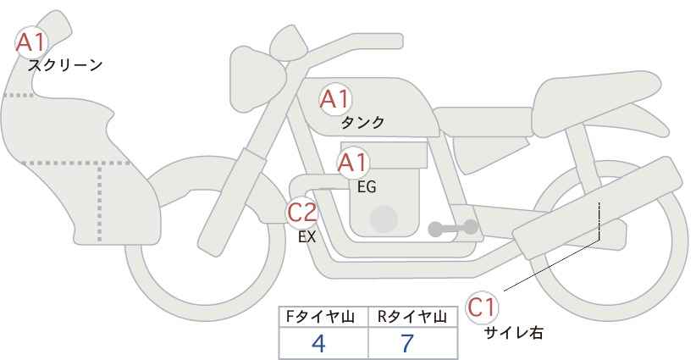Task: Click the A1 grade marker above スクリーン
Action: click(31, 42)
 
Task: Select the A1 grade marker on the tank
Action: click(335, 99)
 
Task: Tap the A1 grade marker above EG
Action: click(353, 163)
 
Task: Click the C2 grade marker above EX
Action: click(302, 212)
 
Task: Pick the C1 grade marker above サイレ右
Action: click(482, 307)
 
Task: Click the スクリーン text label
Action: click(65, 65)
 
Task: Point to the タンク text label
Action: click(362, 122)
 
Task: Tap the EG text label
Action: click(367, 187)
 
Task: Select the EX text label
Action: click(307, 237)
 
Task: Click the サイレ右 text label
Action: click(514, 333)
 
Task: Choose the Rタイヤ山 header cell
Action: click(413, 317)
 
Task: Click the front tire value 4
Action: click(318, 343)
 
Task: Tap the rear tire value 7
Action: click(407, 343)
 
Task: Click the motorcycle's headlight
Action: click(256, 80)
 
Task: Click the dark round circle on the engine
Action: click(384, 219)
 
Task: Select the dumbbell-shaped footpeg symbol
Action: click(453, 228)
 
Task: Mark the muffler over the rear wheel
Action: click(597, 208)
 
